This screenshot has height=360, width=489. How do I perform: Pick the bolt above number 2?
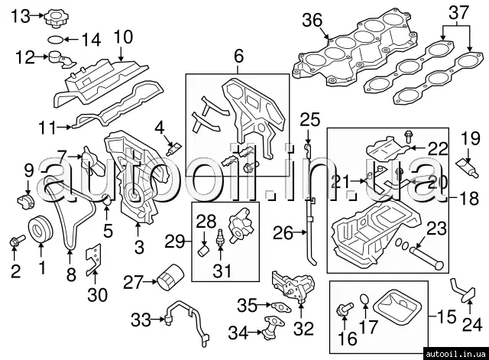[15, 243]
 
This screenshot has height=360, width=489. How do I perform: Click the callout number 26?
[283, 233]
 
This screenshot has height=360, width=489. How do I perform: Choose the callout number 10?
[122, 36]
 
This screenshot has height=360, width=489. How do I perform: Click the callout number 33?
[141, 319]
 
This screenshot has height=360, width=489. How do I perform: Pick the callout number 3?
[139, 247]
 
